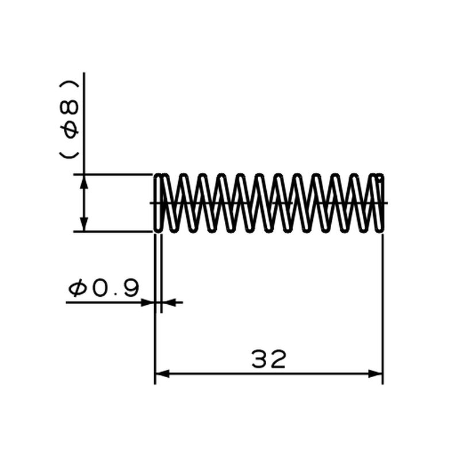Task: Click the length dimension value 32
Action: (x=269, y=359)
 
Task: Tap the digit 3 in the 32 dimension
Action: (x=260, y=359)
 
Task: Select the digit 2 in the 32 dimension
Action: (x=278, y=359)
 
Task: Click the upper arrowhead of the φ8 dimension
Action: (x=84, y=181)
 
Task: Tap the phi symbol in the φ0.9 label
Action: (x=78, y=288)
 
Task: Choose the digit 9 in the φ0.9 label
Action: (x=131, y=288)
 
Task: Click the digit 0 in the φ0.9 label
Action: (x=100, y=288)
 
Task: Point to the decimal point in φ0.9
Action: (x=117, y=293)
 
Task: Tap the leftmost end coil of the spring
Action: (x=158, y=202)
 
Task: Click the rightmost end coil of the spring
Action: (x=379, y=202)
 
